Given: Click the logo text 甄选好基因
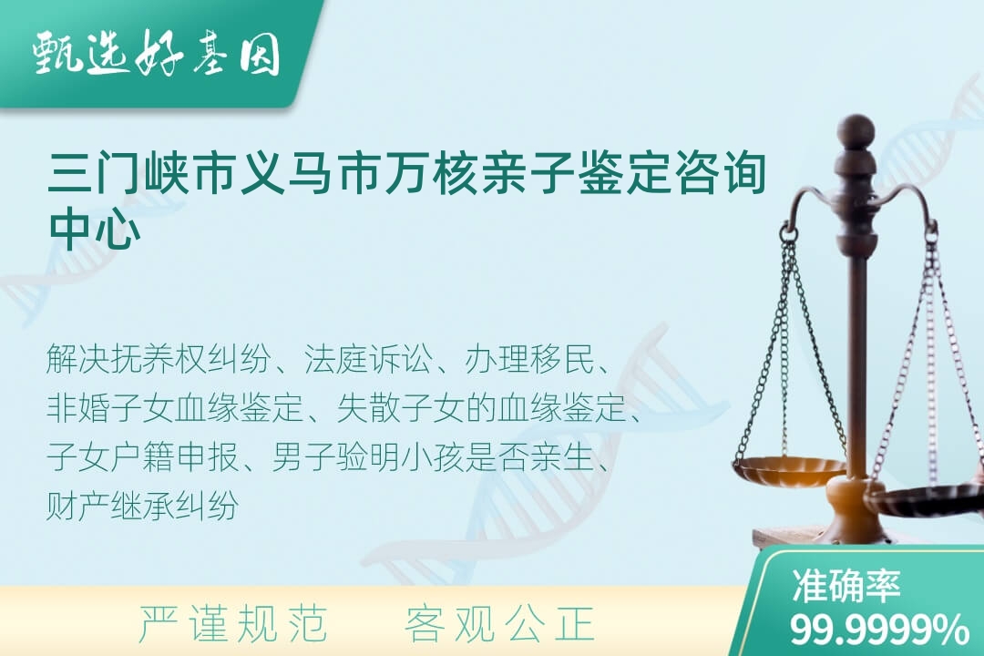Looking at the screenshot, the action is point(157,54).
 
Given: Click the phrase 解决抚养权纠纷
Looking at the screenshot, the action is point(159,360).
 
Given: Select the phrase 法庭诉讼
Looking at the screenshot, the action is point(368,360).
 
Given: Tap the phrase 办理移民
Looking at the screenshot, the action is point(529,360).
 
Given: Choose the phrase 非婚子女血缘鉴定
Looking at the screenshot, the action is point(175,408).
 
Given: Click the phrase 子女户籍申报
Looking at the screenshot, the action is point(142,456).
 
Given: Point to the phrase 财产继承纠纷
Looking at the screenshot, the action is point(142,505).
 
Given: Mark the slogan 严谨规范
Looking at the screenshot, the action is point(233,622).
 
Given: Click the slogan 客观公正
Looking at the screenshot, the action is point(499,622).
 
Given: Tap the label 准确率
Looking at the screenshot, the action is point(846,586).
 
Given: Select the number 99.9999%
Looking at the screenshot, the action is point(879,629).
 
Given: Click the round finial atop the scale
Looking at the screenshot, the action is point(856,130).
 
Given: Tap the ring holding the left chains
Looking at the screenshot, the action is point(789,235).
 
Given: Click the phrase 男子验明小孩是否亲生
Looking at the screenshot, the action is point(433,456).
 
